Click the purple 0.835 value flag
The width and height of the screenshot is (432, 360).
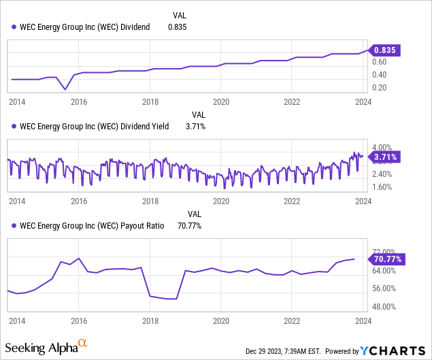pos(385,50)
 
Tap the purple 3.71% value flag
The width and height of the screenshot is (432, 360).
pos(385,157)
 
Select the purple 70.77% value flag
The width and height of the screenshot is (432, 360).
pos(387,259)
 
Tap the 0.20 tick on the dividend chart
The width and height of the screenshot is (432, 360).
pos(378,88)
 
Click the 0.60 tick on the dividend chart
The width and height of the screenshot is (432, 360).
pos(378,61)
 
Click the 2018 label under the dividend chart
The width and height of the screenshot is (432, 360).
pos(150,102)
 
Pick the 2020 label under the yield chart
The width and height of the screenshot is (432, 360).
pos(220,201)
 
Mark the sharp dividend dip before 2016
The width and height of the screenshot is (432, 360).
pos(65,89)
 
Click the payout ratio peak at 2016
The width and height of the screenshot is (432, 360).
pos(79,258)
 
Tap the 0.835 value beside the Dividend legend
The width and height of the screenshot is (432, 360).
pos(177,27)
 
